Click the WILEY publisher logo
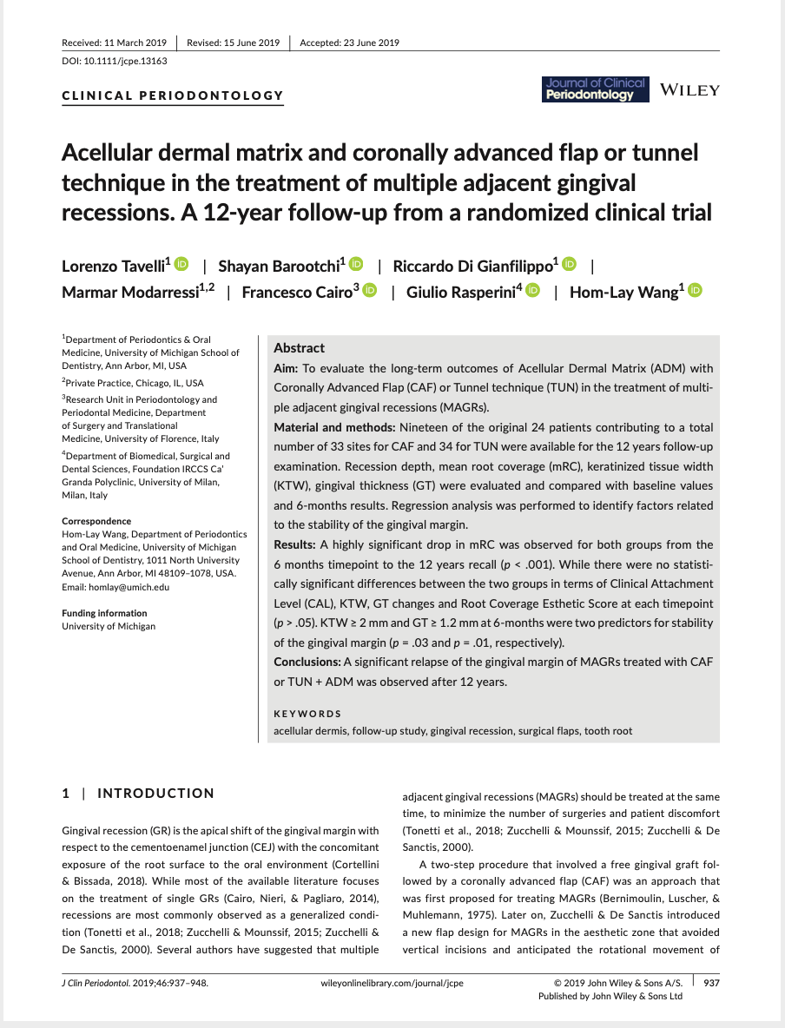coord(689,90)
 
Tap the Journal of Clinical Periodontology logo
coord(595,89)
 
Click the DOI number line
coord(115,61)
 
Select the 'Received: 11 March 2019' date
coord(115,43)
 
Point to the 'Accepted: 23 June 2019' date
coord(349,43)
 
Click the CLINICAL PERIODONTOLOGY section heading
coord(173,96)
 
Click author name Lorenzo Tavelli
coord(116,266)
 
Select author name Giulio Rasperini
coord(465,293)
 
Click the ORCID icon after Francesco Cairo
coord(370,291)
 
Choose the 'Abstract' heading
coord(299,348)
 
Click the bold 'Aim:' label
coord(286,368)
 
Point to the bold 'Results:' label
coord(295,544)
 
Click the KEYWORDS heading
coord(307,714)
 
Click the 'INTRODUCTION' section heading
coord(155,794)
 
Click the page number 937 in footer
coord(711,983)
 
